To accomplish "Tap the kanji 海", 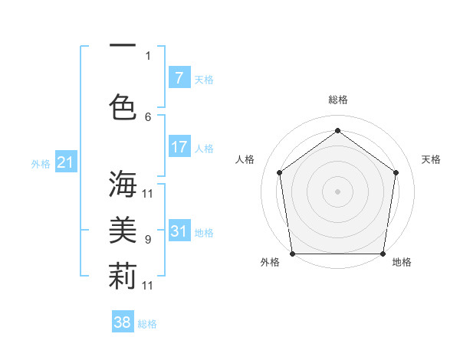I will coord(123,184).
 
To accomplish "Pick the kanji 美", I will coord(123,231).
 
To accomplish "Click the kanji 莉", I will coord(123,277).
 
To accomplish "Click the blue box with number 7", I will coord(179,78).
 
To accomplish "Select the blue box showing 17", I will coord(179,147).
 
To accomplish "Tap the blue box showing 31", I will coord(179,231).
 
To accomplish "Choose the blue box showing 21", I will coord(65,162).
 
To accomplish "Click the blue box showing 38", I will coord(123,322).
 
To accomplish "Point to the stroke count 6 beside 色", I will coord(148,116).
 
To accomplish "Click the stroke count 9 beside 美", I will coord(148,240).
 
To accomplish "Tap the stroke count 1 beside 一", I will coord(148,55).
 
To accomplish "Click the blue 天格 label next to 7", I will coord(204,79).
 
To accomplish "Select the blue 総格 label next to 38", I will coord(147,324).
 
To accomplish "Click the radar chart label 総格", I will coord(337,100).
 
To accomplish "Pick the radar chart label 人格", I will coord(245,159).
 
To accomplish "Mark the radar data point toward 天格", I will coord(396,172).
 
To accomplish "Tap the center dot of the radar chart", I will coord(337,191).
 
